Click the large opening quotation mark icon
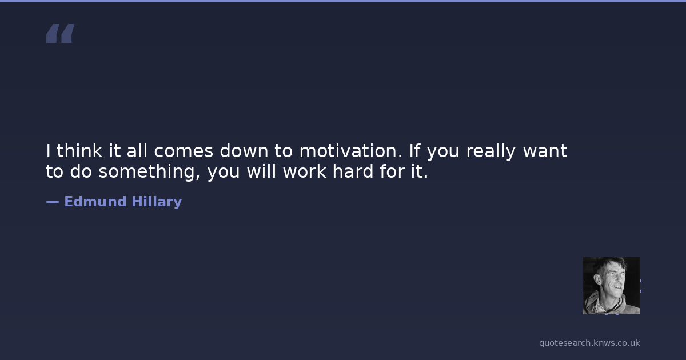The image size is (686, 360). tap(61, 33)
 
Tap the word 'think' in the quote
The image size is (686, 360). tap(79, 151)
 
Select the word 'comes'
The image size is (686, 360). tap(184, 151)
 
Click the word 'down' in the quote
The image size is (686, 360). tap(244, 151)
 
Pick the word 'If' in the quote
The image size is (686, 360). tap(415, 151)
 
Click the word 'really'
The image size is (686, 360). tap(491, 152)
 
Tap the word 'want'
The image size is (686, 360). tap(545, 151)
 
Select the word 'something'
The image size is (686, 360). tap(149, 172)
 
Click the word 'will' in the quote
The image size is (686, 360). tap(262, 171)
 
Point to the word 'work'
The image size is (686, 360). tap(304, 171)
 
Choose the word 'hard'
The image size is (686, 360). tap(353, 171)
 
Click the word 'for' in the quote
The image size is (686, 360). tap(392, 171)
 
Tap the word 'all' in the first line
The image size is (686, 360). tap(137, 151)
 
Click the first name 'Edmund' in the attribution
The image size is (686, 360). tap(95, 201)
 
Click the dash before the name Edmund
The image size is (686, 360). tap(53, 202)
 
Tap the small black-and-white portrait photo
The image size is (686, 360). tap(612, 286)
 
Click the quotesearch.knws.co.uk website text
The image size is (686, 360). tap(589, 343)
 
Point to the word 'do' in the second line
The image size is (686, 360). tap(81, 171)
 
